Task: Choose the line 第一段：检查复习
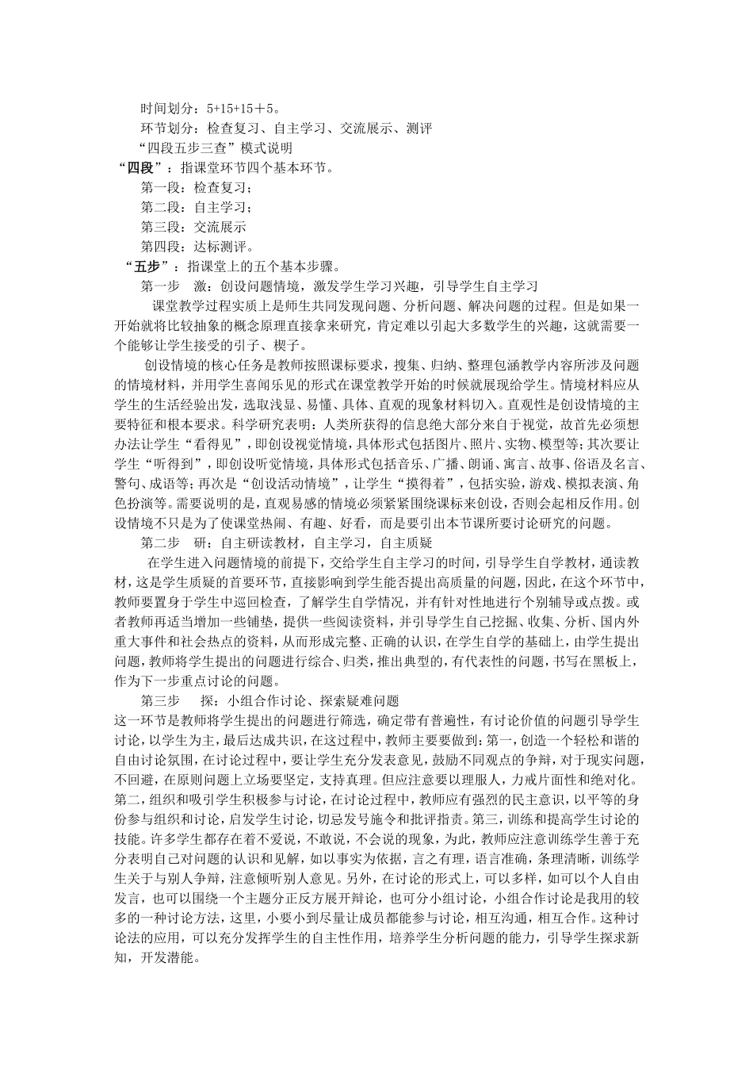point(195,187)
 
